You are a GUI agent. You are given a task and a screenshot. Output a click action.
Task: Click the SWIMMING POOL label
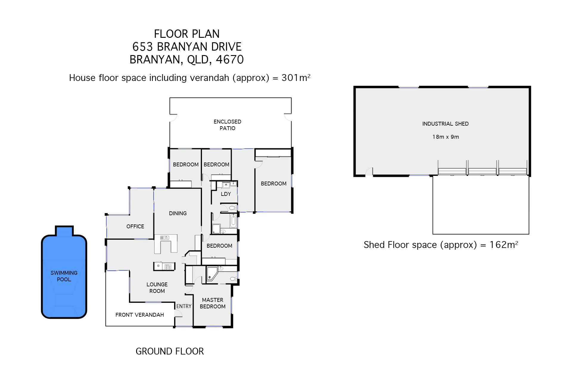point(64,276)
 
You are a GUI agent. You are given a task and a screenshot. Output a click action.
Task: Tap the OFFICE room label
point(135,227)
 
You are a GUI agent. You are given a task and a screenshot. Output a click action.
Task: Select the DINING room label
point(178,213)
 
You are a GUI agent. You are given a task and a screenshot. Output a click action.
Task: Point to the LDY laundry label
point(226,194)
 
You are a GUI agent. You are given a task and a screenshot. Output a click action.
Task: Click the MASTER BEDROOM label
point(213,303)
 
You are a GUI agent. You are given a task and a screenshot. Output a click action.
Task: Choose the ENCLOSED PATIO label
point(227,125)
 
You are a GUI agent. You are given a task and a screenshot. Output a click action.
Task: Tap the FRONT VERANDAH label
point(140,315)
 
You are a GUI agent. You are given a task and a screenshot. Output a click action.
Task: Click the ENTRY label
point(184,306)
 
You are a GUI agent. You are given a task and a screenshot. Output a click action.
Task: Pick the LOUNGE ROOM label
point(157,288)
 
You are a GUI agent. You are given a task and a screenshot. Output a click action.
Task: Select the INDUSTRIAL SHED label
point(445,124)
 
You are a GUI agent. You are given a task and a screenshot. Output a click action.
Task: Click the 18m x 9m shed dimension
point(446,137)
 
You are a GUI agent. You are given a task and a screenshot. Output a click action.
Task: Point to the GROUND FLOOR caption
point(170,351)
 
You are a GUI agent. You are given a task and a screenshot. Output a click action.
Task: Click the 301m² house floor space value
point(296,78)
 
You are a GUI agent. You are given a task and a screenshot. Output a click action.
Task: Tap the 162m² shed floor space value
point(504,245)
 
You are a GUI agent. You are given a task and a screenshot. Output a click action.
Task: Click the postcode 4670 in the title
point(230,60)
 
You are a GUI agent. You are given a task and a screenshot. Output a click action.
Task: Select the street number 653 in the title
point(143,47)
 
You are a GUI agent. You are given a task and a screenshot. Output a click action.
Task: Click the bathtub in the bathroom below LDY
point(233,221)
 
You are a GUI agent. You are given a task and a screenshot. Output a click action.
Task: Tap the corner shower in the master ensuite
point(212,274)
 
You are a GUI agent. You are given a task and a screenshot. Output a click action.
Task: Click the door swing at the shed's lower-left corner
point(369,171)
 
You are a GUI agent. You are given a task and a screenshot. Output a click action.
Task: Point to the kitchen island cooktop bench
point(164,266)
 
